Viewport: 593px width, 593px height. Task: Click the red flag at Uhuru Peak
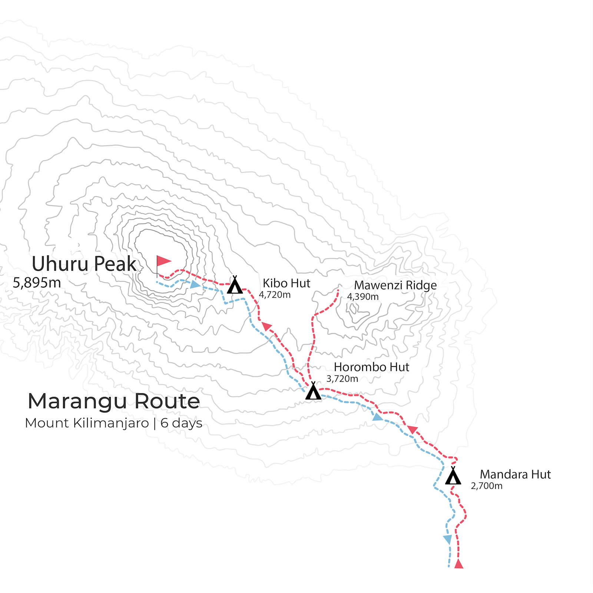pyautogui.click(x=163, y=262)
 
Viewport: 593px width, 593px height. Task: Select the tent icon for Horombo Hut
pyautogui.click(x=313, y=391)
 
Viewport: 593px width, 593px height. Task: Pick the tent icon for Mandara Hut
pyautogui.click(x=453, y=477)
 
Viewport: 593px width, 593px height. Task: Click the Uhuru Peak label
pyautogui.click(x=84, y=264)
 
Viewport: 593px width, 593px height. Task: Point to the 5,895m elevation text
pyautogui.click(x=37, y=283)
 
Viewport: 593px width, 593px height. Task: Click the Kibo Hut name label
pyautogui.click(x=286, y=283)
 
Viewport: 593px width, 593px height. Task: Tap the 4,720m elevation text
pyautogui.click(x=275, y=295)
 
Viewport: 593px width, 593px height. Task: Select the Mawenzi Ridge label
pyautogui.click(x=395, y=285)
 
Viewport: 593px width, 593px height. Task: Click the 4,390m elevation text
pyautogui.click(x=362, y=297)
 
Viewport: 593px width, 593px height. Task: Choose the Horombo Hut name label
pyautogui.click(x=371, y=367)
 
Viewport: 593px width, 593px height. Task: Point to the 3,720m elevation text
pyautogui.click(x=342, y=379)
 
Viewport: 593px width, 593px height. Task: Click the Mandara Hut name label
pyautogui.click(x=515, y=474)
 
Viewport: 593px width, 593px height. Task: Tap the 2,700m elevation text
pyautogui.click(x=487, y=486)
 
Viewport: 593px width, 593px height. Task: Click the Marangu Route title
pyautogui.click(x=114, y=401)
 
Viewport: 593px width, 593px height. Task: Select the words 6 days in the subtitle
pyautogui.click(x=181, y=423)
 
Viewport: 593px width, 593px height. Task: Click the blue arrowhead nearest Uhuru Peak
pyautogui.click(x=195, y=285)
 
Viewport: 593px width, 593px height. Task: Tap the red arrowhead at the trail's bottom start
pyautogui.click(x=459, y=564)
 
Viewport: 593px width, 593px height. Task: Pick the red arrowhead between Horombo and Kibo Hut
pyautogui.click(x=266, y=326)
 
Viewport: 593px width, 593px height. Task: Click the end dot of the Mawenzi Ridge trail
pyautogui.click(x=338, y=290)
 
